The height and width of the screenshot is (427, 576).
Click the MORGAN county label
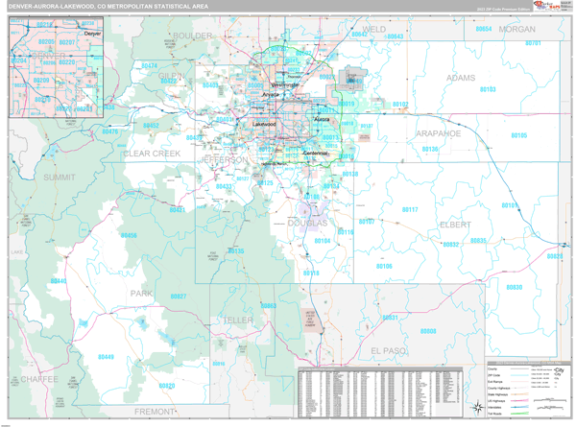(x=516, y=30)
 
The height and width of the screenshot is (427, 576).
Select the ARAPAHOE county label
(x=438, y=133)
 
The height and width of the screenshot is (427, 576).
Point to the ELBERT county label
(x=454, y=224)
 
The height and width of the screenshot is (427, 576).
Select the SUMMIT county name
(x=59, y=178)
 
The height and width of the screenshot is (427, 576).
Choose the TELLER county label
(x=236, y=319)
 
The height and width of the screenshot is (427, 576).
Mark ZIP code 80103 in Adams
(x=487, y=89)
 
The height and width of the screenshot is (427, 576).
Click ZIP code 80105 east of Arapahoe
(x=518, y=135)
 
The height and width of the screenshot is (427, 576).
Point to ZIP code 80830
(x=515, y=287)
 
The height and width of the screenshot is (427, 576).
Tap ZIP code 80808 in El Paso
(x=428, y=331)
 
